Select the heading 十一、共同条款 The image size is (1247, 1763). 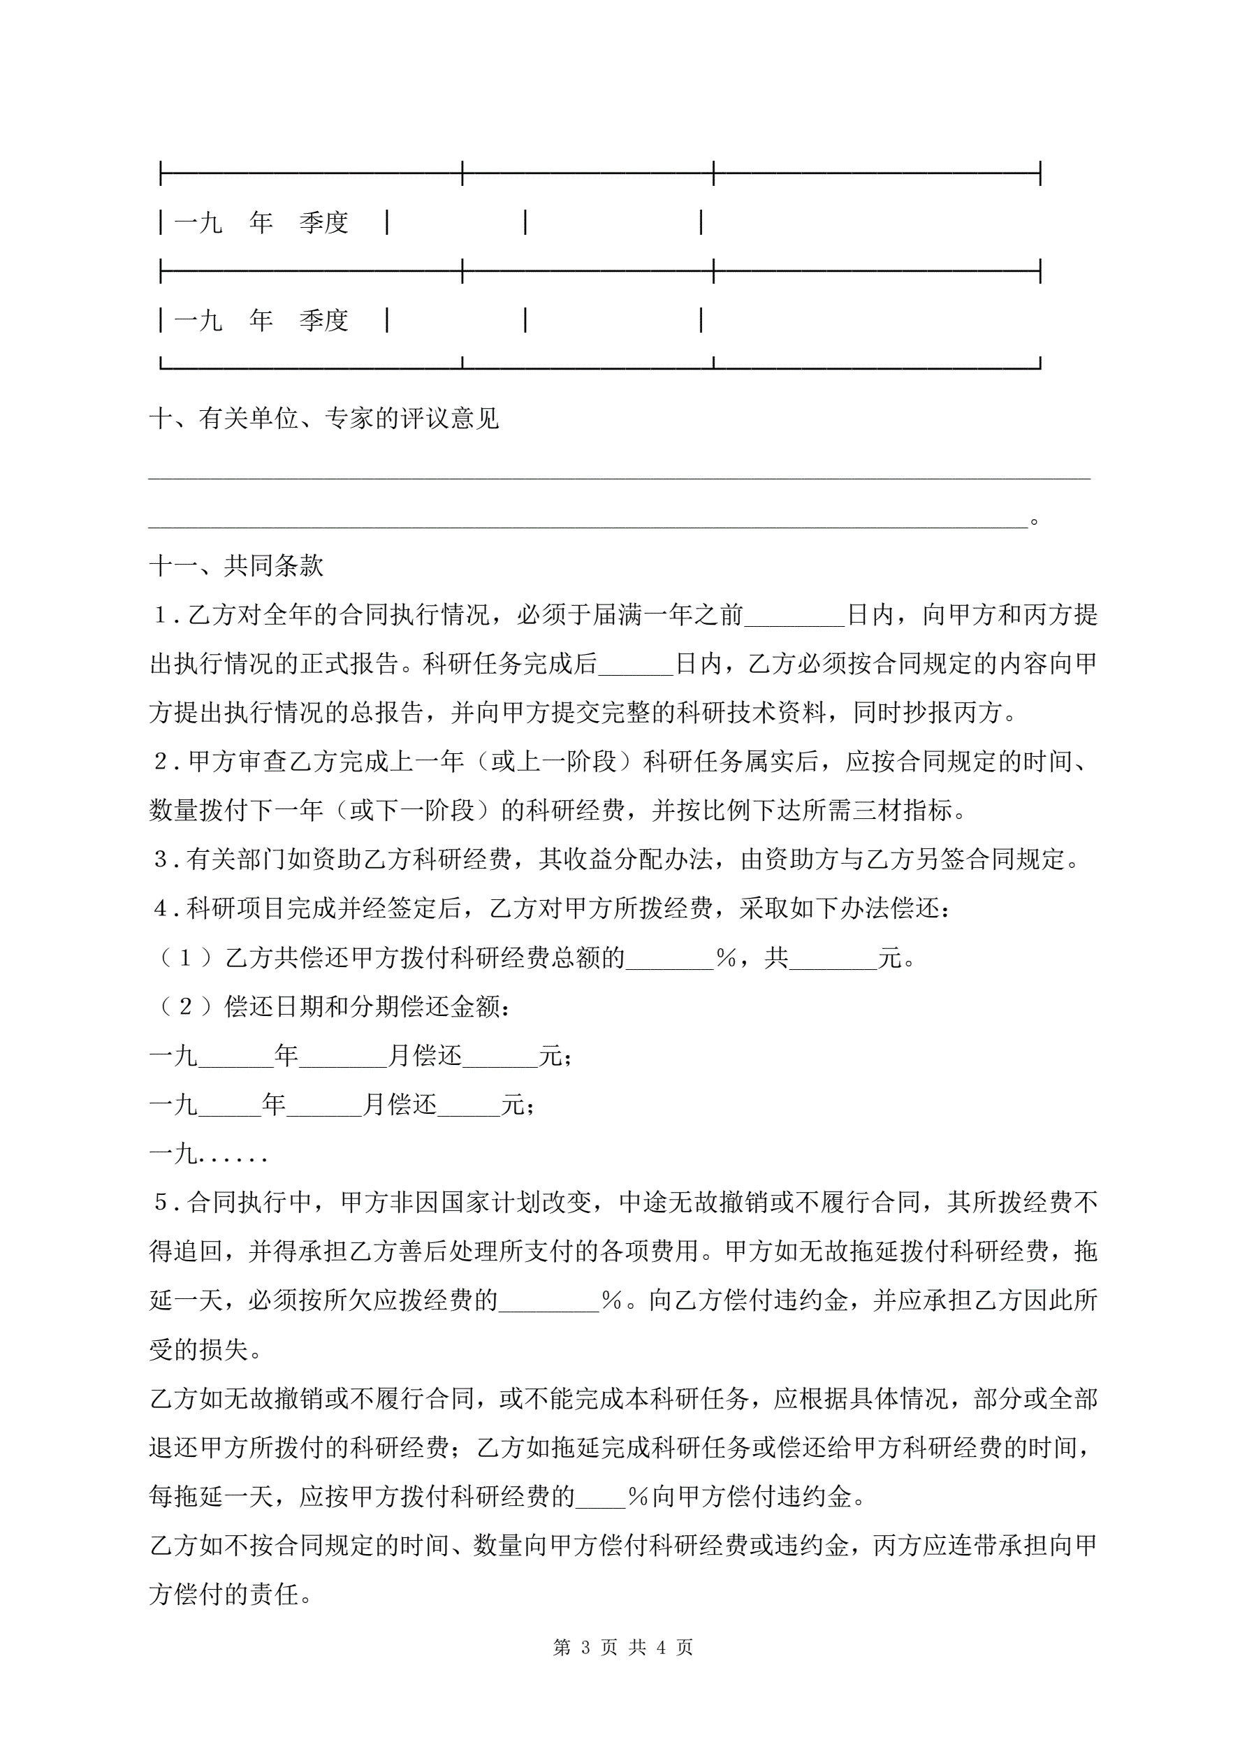point(237,566)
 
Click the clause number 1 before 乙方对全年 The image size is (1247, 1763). point(161,615)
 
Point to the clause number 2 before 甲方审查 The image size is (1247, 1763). point(161,762)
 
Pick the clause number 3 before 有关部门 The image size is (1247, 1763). point(161,859)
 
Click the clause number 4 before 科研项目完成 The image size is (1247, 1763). point(161,908)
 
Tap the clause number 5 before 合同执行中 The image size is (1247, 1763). point(161,1203)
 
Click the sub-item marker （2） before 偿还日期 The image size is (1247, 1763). point(185,1007)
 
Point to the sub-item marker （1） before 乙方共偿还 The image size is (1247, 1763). point(185,957)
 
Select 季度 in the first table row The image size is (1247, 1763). point(324,223)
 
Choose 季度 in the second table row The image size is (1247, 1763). point(324,320)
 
